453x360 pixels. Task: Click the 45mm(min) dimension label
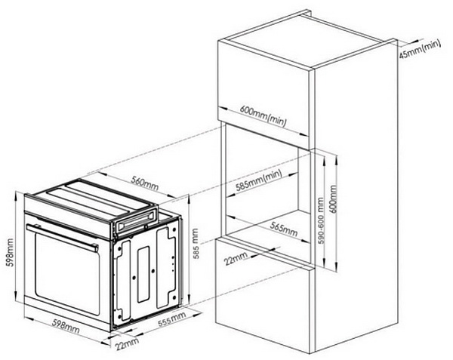(x=420, y=49)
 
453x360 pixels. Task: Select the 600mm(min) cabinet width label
(x=263, y=115)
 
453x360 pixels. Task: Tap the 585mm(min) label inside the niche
(x=258, y=180)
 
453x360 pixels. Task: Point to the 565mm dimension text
(x=284, y=229)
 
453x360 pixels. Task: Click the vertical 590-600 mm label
(x=321, y=220)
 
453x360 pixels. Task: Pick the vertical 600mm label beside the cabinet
(x=333, y=199)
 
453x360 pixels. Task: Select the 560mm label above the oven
(x=145, y=183)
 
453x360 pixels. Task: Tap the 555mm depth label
(x=172, y=319)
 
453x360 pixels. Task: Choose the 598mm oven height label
(x=10, y=252)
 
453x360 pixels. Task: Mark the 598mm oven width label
(x=66, y=326)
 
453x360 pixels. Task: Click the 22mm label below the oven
(x=127, y=343)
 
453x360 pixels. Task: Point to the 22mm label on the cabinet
(x=236, y=258)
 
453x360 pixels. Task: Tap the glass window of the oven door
(x=68, y=273)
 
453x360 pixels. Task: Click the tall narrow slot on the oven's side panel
(x=143, y=274)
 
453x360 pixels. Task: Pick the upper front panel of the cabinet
(x=263, y=94)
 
